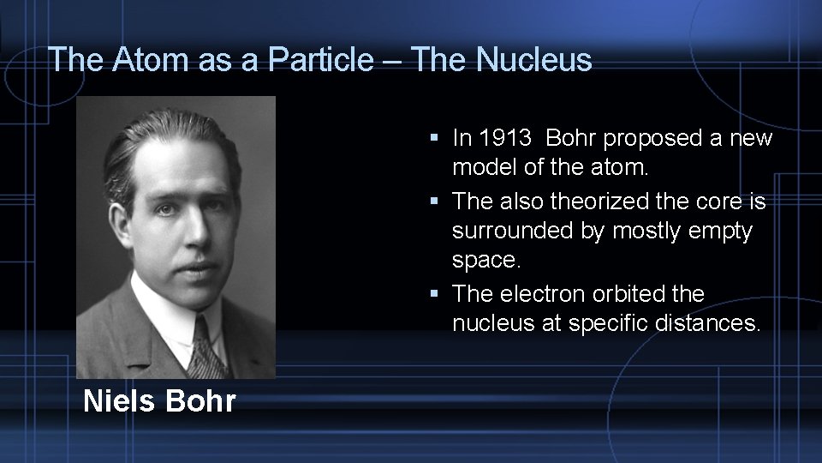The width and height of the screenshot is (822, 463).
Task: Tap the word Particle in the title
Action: [x=331, y=59]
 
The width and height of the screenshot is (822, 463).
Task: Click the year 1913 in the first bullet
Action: [x=506, y=138]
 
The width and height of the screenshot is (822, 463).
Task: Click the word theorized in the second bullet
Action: [x=596, y=201]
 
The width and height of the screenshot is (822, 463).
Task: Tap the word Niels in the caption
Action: [x=121, y=400]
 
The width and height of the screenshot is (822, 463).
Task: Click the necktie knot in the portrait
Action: [x=203, y=331]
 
